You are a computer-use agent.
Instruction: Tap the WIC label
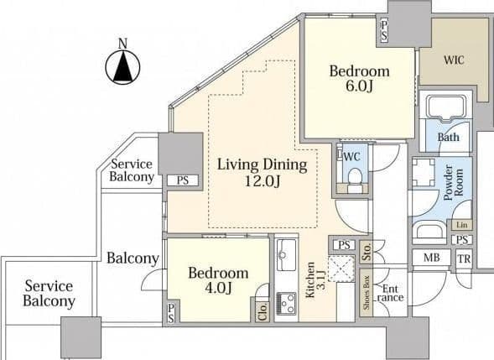(x=454, y=60)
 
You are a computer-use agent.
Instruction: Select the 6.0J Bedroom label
(x=359, y=78)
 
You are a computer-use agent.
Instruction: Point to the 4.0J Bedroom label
(x=218, y=280)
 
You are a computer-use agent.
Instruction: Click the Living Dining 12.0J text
(x=263, y=173)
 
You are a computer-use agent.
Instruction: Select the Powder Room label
(x=454, y=183)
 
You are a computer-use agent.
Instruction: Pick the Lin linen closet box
(x=462, y=225)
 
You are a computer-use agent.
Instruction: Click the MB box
(x=432, y=258)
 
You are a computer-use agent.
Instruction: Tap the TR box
(x=464, y=259)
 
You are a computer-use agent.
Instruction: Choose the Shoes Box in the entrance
(x=366, y=293)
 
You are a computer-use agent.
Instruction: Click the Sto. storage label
(x=366, y=252)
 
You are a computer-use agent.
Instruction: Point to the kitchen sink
(x=286, y=255)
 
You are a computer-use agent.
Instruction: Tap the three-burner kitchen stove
(x=286, y=303)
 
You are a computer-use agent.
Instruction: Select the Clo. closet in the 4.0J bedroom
(x=263, y=311)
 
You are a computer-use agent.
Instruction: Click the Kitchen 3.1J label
(x=315, y=279)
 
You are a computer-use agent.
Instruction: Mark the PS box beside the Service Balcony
(x=182, y=180)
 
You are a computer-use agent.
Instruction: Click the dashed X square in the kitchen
(x=341, y=269)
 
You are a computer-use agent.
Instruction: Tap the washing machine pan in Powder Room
(x=423, y=173)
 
